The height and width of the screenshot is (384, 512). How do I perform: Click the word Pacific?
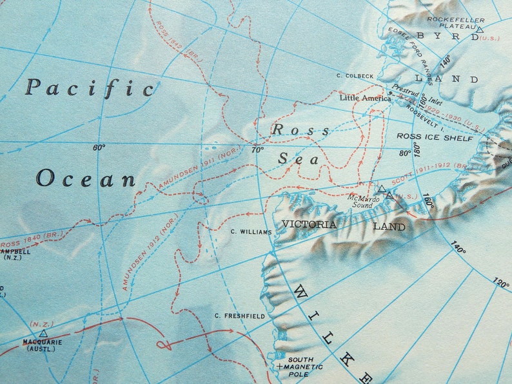[x=90, y=88]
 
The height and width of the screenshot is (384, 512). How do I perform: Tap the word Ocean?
[x=86, y=178]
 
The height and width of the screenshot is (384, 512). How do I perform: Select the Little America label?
[x=366, y=99]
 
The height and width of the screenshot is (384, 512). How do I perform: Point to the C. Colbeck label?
[x=355, y=76]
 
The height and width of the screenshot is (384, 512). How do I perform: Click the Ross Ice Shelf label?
[x=435, y=137]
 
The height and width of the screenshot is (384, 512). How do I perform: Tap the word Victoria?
[x=309, y=224]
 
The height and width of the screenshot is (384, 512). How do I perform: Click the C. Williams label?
[x=251, y=231]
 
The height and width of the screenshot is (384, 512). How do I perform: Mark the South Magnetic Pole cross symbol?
[x=279, y=367]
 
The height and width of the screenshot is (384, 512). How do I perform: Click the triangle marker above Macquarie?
[x=43, y=333]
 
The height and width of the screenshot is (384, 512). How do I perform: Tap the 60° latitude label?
[x=99, y=148]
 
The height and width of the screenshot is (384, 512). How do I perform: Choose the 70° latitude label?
[x=258, y=149]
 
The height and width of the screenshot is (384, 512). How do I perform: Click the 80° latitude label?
[x=404, y=153]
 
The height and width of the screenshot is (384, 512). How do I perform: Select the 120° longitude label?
[x=501, y=284]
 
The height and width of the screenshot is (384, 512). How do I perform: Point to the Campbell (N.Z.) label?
[x=14, y=254]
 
